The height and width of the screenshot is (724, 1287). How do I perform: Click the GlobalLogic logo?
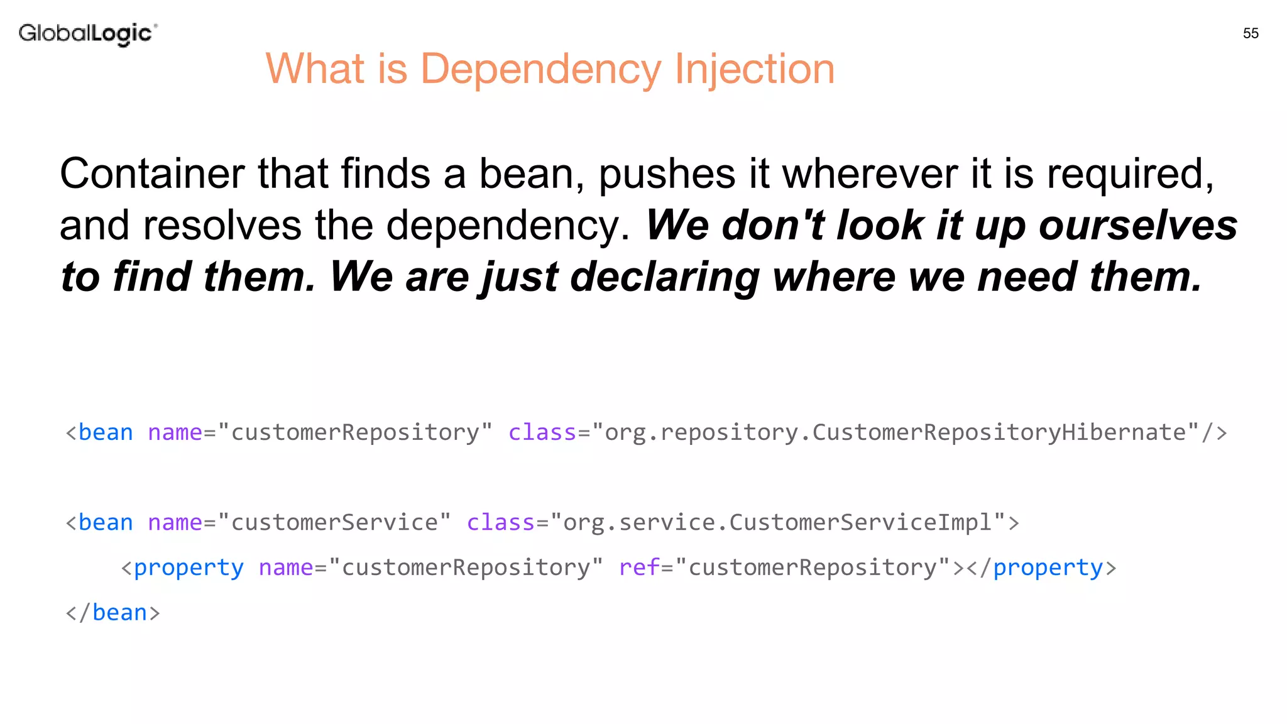[87, 33]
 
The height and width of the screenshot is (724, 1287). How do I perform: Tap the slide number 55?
[1251, 33]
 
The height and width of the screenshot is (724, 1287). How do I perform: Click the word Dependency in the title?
[540, 69]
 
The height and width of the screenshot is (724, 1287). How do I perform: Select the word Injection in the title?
[754, 69]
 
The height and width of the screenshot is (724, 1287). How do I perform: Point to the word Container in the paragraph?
[151, 173]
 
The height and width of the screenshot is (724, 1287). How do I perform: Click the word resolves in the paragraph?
[222, 225]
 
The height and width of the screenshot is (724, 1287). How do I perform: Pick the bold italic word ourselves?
[1137, 225]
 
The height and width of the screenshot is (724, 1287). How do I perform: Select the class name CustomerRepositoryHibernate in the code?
[999, 432]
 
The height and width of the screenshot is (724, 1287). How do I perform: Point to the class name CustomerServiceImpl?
[860, 522]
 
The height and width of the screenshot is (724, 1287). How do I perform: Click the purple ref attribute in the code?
[639, 568]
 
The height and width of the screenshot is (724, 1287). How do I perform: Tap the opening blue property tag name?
[189, 568]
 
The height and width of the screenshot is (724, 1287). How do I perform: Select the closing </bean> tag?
[113, 613]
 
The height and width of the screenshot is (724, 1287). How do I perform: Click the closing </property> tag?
[1041, 568]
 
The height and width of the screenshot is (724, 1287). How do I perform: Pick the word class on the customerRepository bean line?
[542, 432]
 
